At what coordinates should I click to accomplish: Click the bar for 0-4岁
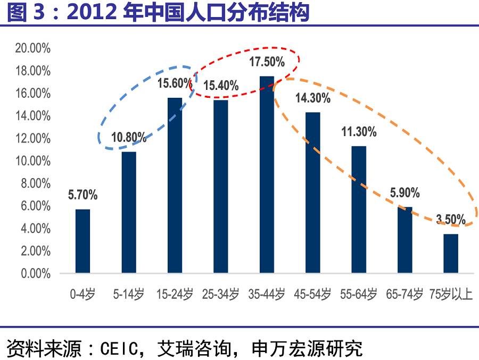pos(83,241)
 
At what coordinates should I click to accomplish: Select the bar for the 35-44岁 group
pos(267,174)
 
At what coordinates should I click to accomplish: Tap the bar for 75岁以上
pos(451,254)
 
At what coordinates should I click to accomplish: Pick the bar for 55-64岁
pos(359,210)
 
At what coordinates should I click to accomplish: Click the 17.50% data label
pos(267,62)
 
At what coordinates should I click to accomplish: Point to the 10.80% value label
pos(129,137)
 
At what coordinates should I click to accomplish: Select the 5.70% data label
pos(83,195)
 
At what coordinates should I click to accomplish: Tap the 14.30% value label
pos(313,98)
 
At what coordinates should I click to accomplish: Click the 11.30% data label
pos(359,132)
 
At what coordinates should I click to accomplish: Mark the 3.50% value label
pos(451,219)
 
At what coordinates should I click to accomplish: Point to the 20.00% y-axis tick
pos(33,48)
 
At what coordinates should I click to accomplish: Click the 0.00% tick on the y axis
pos(36,273)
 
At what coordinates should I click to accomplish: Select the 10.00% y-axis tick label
pos(33,161)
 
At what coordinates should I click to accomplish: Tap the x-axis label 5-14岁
pos(129,294)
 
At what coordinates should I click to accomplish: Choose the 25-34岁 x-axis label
pos(220,294)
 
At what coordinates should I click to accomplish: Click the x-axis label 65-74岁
pos(404,294)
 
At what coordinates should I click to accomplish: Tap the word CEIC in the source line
pos(119,348)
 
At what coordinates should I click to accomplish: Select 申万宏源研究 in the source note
pos(307,348)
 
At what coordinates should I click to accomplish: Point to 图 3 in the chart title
pos(26,12)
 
